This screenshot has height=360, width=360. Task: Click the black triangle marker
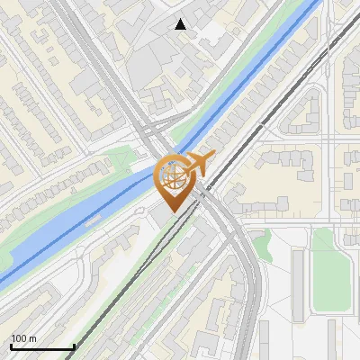point(181,24)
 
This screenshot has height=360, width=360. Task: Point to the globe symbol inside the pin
point(172,175)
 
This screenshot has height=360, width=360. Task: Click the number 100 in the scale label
point(19,338)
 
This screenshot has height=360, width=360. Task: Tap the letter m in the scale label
point(32,338)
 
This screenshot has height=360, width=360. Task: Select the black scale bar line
point(42,346)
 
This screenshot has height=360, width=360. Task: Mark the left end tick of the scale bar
point(11,345)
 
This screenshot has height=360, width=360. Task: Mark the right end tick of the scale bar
point(74,345)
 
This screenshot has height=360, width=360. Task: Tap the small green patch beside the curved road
point(261,245)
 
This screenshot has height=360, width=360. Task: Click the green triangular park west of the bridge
point(121,162)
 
